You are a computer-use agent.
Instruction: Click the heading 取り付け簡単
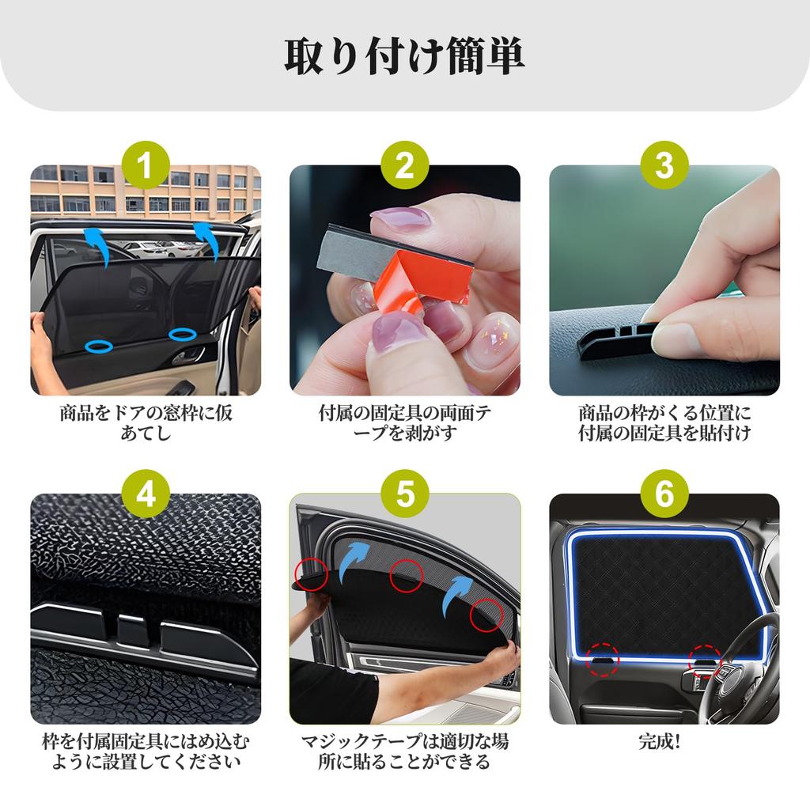(x=404, y=56)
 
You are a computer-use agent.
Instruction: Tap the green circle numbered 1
(x=146, y=165)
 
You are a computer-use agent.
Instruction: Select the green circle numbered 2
(x=404, y=165)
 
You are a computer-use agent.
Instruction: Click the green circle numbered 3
(x=664, y=165)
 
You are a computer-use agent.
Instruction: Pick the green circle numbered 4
(x=146, y=494)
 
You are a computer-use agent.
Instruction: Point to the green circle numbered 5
(x=404, y=494)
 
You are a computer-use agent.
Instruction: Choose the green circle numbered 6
(x=664, y=494)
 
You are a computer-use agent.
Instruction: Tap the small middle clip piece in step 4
(x=132, y=630)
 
